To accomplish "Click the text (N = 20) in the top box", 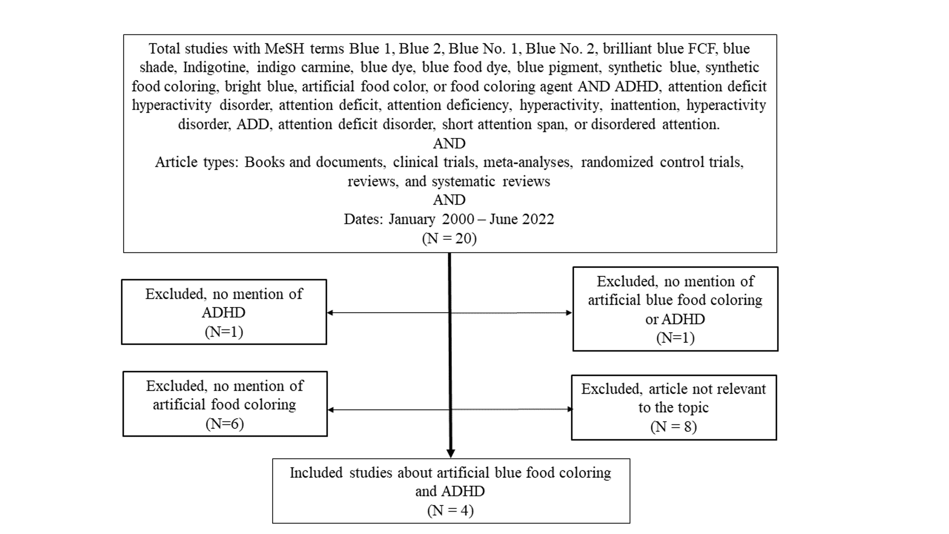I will [x=449, y=239].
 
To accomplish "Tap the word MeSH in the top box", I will [x=284, y=49].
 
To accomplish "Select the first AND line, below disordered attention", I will [x=449, y=143].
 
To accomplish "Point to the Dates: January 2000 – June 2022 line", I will [x=449, y=219].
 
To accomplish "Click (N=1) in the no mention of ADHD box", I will [x=224, y=332].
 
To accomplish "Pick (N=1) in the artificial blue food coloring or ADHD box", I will [x=675, y=338].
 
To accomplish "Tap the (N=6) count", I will [x=224, y=424].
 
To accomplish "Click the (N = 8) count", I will [x=673, y=427].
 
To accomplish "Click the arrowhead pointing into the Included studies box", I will [x=450, y=453].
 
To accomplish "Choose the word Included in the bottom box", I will [x=316, y=473].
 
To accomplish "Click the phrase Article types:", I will [x=197, y=162].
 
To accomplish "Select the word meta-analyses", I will [x=528, y=162].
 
